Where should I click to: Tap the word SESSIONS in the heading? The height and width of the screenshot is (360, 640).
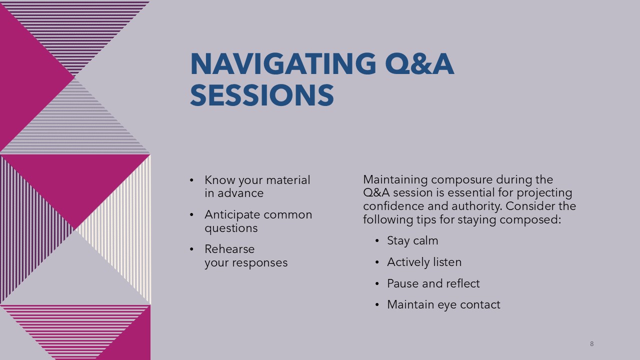point(262,95)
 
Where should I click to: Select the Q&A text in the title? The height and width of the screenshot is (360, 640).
point(419,64)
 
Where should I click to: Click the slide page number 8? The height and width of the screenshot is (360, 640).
point(591,343)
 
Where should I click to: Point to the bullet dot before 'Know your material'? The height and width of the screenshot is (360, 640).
point(191,180)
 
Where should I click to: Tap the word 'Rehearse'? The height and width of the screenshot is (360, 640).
point(229,249)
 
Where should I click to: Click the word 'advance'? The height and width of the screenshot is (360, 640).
point(240,193)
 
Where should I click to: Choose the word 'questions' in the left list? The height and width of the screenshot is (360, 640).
point(231,228)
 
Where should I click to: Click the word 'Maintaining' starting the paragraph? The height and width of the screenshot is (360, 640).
point(395,179)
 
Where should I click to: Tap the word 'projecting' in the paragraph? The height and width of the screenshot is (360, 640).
point(544,193)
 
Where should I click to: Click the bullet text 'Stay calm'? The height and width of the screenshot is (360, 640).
point(412,241)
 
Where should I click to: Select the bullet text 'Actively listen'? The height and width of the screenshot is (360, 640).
point(424,262)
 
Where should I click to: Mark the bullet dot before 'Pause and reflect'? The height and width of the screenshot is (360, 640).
point(377,283)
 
